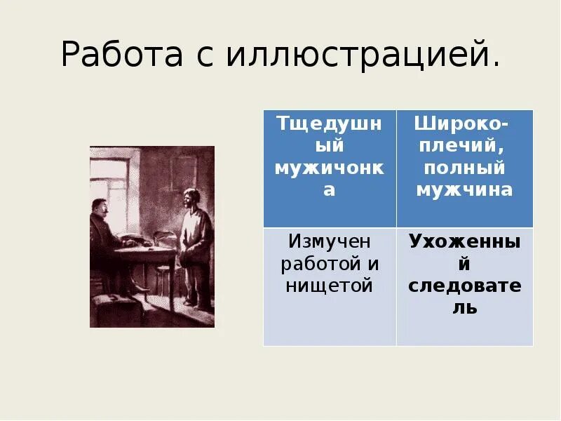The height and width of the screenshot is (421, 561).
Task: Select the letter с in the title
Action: (x=203, y=58)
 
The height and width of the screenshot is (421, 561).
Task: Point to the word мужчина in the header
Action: (x=464, y=190)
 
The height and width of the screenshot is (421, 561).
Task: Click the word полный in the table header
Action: (x=464, y=168)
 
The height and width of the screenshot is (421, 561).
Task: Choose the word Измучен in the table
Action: (x=330, y=241)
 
